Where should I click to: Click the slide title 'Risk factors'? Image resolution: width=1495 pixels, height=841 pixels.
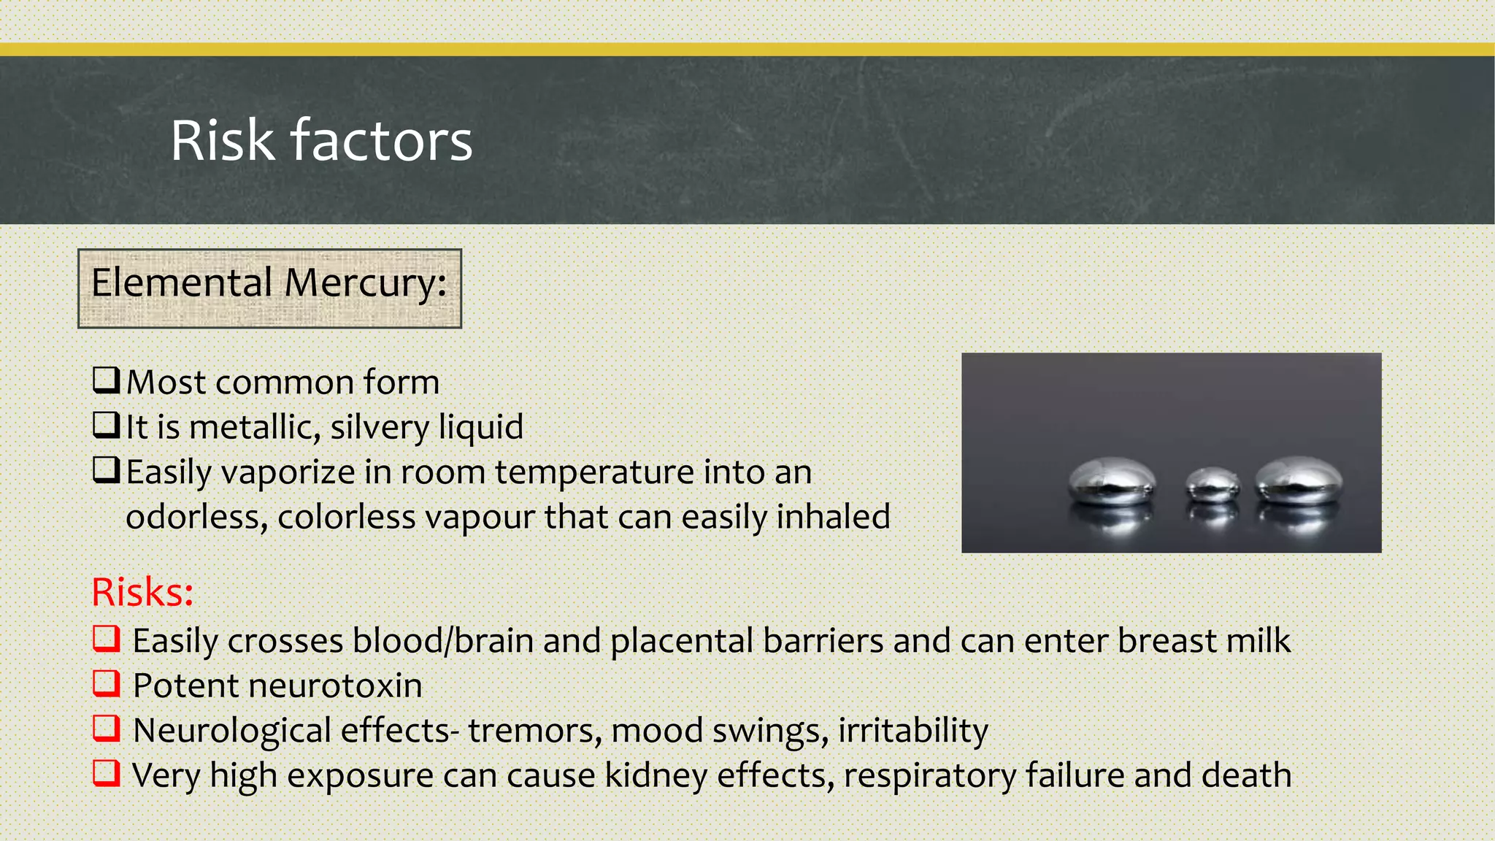click(321, 140)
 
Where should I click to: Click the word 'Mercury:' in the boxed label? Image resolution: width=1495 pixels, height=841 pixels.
click(365, 283)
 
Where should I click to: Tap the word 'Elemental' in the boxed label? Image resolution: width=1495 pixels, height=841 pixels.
click(182, 283)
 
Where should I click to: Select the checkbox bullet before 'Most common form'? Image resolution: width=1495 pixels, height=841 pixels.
click(107, 380)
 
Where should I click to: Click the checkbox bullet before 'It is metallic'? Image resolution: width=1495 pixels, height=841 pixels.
click(107, 425)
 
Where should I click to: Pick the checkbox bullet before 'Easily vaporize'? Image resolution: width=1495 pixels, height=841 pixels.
click(107, 470)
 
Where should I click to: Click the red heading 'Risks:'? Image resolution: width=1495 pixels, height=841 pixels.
click(142, 592)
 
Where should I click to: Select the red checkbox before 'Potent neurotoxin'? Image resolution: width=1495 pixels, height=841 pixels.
click(107, 683)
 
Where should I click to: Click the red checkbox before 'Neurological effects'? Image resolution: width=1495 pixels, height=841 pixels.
click(107, 728)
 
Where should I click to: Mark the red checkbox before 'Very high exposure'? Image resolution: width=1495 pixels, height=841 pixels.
click(107, 772)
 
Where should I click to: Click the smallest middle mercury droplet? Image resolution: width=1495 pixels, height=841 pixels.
click(1212, 485)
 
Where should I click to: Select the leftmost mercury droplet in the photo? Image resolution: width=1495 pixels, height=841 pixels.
click(1112, 481)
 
